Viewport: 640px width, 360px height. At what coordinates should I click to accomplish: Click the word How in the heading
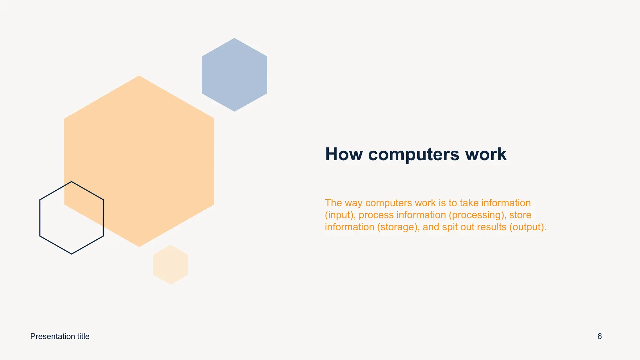click(x=344, y=154)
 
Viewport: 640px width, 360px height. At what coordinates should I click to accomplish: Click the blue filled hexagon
click(x=234, y=75)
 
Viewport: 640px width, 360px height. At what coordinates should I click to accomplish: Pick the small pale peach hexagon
click(x=171, y=265)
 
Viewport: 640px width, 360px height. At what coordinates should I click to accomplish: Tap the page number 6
click(x=599, y=336)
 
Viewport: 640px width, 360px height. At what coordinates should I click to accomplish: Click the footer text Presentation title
click(x=60, y=336)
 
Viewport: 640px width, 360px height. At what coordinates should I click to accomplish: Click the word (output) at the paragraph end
click(x=527, y=227)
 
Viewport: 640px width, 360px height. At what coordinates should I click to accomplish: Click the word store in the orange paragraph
click(x=520, y=215)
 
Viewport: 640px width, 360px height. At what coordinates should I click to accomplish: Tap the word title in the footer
click(x=83, y=336)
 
